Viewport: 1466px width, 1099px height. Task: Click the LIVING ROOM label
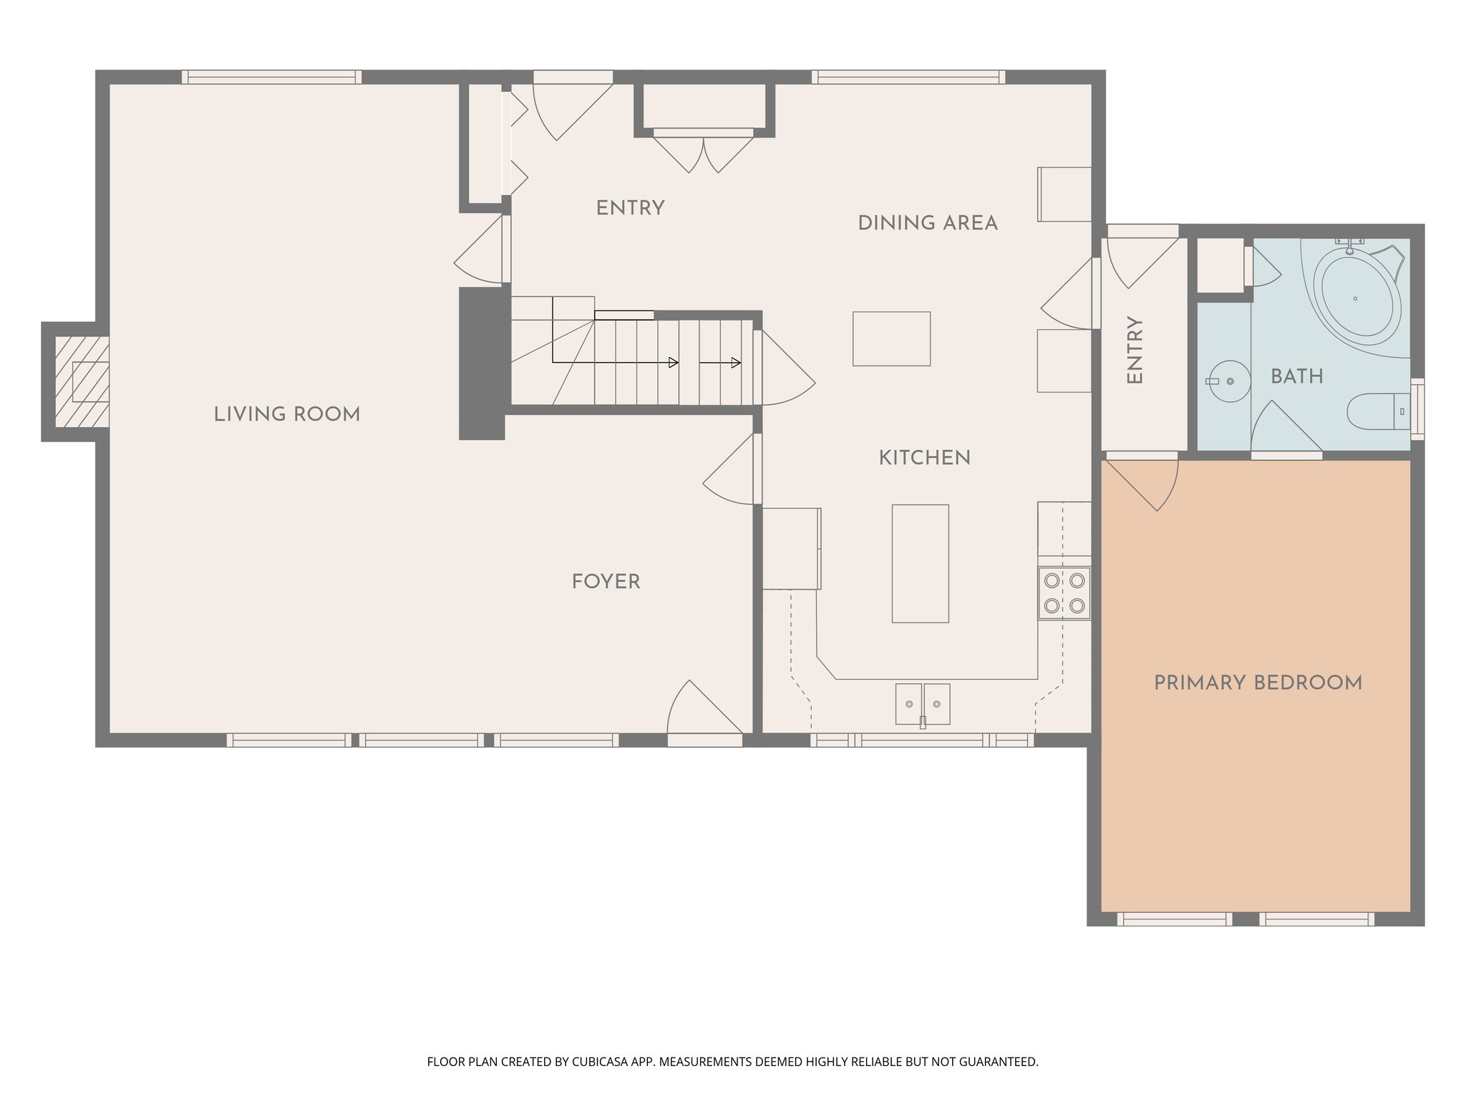(286, 414)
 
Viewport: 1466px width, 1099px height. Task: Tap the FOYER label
(606, 582)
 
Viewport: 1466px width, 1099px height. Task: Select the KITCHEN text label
(924, 458)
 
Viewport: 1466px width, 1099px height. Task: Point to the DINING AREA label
(927, 223)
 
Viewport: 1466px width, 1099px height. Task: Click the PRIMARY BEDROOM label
(1258, 683)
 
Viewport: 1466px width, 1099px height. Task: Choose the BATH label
(1296, 376)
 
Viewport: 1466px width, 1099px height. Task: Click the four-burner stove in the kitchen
(1064, 593)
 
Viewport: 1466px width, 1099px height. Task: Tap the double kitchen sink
(922, 704)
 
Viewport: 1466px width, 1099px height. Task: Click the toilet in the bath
(1375, 411)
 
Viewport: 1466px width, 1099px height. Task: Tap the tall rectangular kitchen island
(920, 563)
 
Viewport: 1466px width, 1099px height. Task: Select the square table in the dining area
(891, 338)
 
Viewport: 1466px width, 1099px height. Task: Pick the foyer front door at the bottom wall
(702, 710)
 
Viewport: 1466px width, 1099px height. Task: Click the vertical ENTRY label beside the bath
(1135, 351)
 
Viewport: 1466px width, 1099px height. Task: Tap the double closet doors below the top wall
(704, 153)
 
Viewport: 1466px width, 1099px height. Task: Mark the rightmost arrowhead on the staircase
(737, 363)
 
